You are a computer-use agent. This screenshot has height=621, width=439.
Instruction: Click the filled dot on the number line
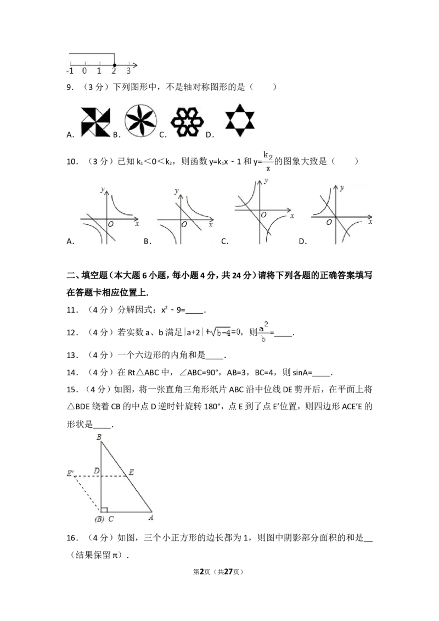(x=114, y=65)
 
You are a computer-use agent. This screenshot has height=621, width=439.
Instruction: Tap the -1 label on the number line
(x=70, y=71)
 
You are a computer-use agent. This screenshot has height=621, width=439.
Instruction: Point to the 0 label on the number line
(x=85, y=71)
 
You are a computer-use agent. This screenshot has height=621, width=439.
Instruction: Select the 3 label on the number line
(x=128, y=71)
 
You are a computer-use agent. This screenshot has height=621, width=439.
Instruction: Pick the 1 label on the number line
(x=99, y=71)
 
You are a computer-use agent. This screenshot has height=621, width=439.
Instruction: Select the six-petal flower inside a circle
(x=140, y=121)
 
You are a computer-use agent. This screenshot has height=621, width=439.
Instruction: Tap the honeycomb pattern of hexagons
(x=187, y=122)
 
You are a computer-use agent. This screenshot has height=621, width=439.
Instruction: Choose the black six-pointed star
(x=239, y=121)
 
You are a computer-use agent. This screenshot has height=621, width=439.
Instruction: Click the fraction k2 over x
(x=268, y=163)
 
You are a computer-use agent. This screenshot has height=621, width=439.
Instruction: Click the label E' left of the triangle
(x=71, y=473)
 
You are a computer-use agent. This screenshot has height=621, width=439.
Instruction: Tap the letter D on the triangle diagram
(x=96, y=471)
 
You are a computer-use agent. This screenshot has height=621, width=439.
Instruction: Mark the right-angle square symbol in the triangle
(x=104, y=510)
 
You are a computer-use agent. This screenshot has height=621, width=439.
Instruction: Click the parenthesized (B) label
(x=99, y=519)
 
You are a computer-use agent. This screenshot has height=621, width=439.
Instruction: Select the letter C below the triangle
(x=111, y=519)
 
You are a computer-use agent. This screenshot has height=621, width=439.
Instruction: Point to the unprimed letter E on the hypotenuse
(x=131, y=471)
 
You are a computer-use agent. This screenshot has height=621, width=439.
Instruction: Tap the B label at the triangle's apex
(x=99, y=437)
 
